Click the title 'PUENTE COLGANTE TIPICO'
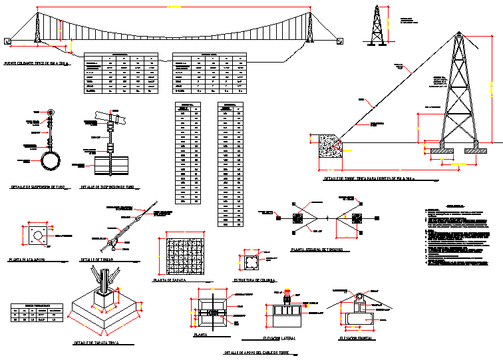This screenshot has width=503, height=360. tap(37, 64)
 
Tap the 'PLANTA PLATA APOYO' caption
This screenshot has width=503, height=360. tap(35, 256)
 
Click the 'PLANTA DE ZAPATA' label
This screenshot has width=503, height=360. tap(170, 280)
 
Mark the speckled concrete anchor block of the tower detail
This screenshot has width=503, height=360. tap(331, 146)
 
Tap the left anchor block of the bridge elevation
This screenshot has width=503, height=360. tap(8, 41)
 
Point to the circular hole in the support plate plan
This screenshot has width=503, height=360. tap(39, 236)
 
